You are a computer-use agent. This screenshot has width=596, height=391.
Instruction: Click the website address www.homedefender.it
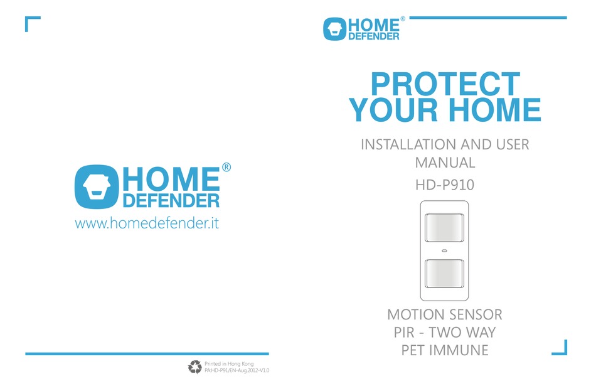(147, 223)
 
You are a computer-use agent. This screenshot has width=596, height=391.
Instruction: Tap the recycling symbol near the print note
(195, 367)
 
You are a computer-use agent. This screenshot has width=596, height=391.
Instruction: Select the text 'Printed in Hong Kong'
(229, 364)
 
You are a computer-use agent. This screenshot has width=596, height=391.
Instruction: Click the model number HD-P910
(445, 185)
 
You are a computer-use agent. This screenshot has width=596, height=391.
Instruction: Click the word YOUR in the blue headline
(393, 110)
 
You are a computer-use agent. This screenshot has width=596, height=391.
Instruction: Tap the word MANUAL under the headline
(445, 163)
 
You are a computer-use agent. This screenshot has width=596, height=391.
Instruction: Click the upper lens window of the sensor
(444, 227)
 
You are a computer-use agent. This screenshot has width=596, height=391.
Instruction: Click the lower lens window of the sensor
(444, 274)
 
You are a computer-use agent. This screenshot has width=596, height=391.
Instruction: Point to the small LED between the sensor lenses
(444, 250)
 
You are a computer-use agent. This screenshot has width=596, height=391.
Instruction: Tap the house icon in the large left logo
(97, 186)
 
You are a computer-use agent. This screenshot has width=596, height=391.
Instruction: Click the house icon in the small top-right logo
(334, 29)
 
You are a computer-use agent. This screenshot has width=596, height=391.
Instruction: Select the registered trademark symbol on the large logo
(226, 168)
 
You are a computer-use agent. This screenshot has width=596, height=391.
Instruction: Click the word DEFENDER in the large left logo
(171, 200)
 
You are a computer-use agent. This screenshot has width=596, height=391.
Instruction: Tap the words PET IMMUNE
(445, 350)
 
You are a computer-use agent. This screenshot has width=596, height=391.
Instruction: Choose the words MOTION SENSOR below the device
(445, 314)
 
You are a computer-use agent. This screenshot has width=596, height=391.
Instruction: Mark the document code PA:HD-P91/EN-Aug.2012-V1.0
(237, 370)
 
